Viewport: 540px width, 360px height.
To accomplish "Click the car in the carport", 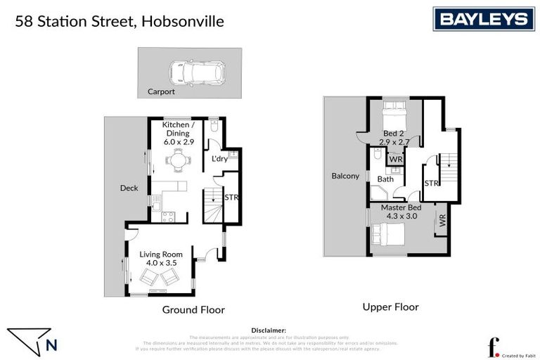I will tap(196, 72).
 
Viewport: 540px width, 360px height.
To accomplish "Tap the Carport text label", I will tap(161, 91).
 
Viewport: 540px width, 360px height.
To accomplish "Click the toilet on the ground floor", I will tap(214, 127).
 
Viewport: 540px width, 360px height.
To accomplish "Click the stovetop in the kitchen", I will tap(168, 217).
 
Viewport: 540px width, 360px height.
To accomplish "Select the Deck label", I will tap(129, 188).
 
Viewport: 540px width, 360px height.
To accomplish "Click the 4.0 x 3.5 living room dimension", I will tap(161, 263).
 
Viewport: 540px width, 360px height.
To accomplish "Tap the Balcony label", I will tap(345, 176).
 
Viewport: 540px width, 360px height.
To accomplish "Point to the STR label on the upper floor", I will tap(432, 184).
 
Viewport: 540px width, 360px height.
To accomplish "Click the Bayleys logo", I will tap(483, 19).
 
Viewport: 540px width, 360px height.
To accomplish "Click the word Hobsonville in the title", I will tap(182, 21).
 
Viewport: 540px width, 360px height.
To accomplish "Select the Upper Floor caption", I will tap(390, 307).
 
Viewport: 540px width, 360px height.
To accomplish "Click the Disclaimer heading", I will tap(269, 330).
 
